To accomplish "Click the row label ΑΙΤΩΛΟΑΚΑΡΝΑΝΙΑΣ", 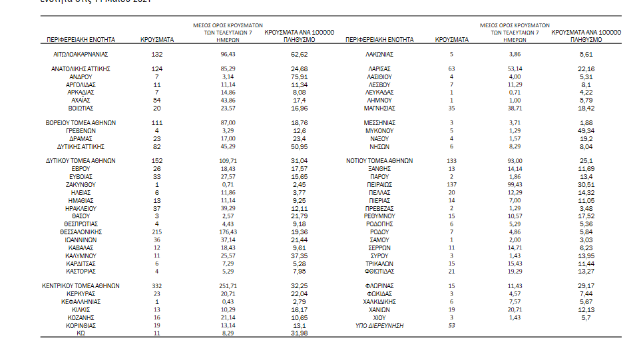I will tap(81, 54).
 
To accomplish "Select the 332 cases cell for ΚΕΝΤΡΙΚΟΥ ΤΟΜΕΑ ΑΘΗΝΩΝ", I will tap(157, 285).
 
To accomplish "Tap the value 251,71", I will tap(228, 285).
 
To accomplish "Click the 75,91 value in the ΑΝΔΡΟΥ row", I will tap(299, 77).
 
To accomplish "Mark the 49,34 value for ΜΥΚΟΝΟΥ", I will tap(586, 131).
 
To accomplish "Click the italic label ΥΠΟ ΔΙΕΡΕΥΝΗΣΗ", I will tap(379, 326).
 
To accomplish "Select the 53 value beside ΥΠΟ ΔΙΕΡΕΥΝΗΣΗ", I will tap(451, 326).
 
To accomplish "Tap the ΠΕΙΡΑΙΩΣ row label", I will tap(379, 184).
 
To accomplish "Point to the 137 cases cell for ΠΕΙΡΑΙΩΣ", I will tap(451, 184).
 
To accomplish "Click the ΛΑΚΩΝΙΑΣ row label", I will tap(379, 54).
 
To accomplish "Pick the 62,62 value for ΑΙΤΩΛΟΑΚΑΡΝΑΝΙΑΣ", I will tap(299, 54).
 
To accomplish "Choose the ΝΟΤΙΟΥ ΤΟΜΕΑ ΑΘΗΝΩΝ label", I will tap(379, 161).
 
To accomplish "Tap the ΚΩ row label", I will tap(81, 334).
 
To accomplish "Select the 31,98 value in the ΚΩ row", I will tap(299, 334).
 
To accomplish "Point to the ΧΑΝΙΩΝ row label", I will tap(379, 310).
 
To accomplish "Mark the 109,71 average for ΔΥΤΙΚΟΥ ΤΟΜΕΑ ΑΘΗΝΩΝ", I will tap(228, 161).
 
